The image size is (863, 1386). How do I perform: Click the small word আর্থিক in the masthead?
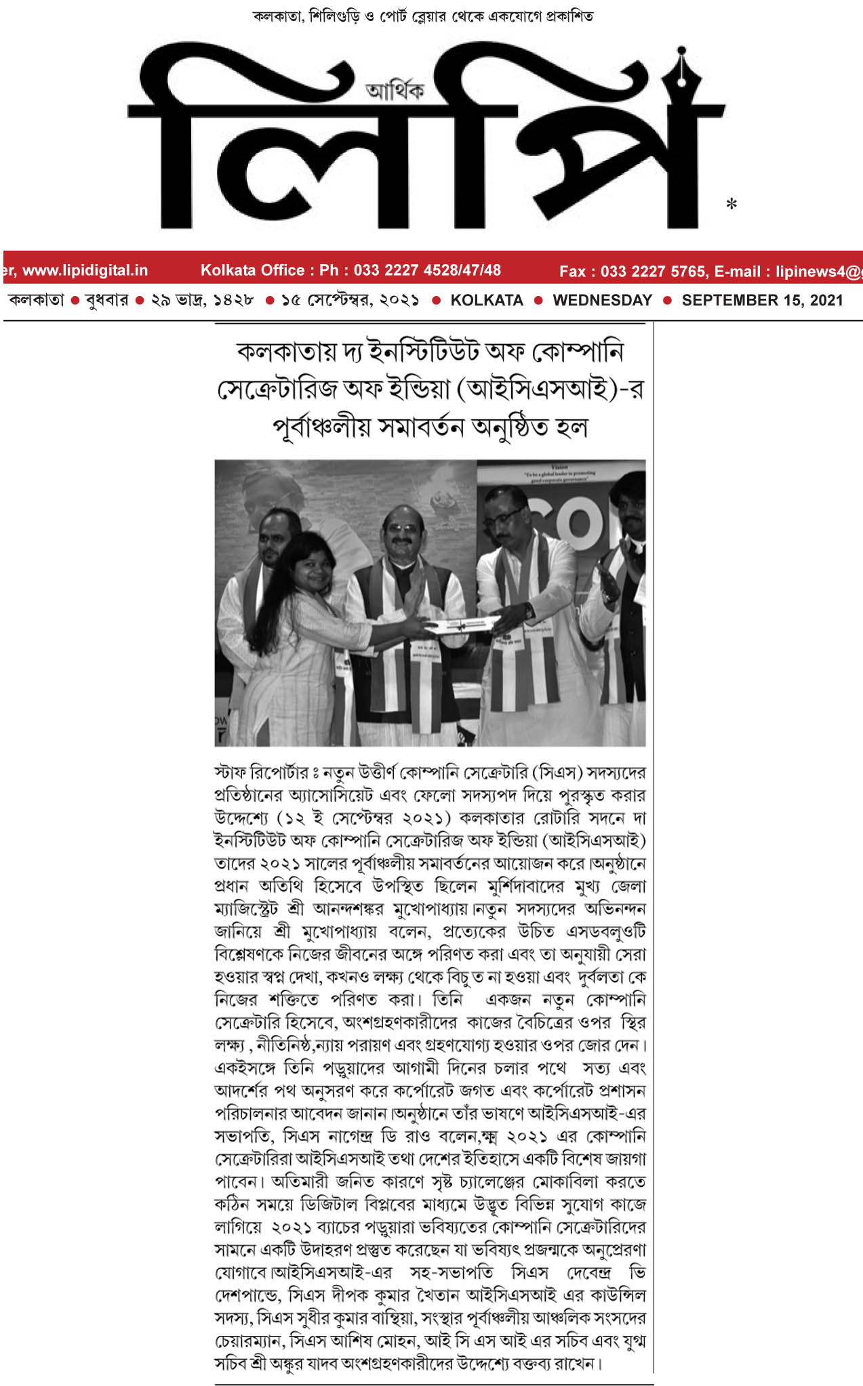coord(395,90)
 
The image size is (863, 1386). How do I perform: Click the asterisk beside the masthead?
coord(731,204)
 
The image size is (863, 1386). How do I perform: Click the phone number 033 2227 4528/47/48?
coord(427,271)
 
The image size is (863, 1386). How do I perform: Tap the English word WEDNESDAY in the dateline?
coord(602,301)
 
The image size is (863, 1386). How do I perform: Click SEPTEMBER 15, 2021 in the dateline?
coord(762,301)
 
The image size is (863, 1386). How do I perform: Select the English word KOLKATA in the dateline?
coord(487,301)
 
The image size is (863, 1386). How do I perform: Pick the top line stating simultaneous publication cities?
coord(423,16)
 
